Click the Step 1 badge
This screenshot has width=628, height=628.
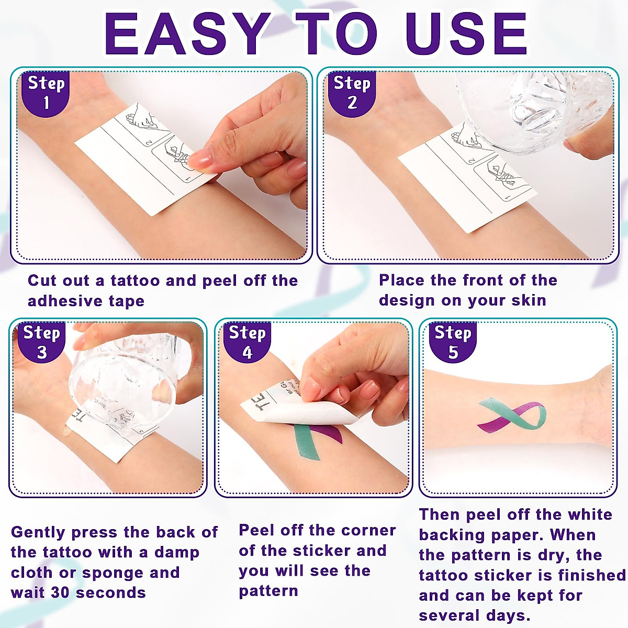click(x=46, y=93)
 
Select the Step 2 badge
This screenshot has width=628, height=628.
click(x=352, y=93)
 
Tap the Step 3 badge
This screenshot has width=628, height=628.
click(x=42, y=342)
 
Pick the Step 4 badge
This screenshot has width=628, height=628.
click(x=247, y=342)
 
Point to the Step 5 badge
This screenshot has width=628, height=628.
click(x=453, y=342)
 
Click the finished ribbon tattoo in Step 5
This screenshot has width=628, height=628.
click(x=512, y=414)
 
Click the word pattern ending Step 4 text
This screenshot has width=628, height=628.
click(x=268, y=591)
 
